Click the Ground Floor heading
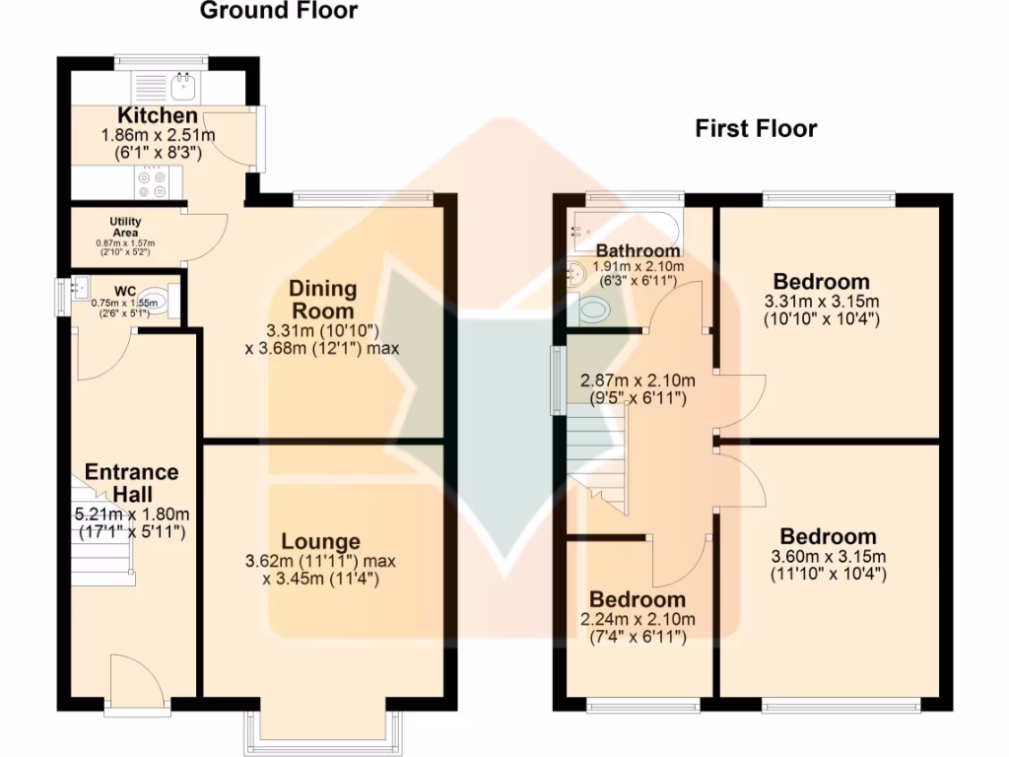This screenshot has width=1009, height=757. coord(279,12)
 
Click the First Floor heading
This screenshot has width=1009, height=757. coord(756,129)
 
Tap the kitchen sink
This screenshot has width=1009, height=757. coord(183,87)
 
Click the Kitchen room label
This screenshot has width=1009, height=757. coord(158,116)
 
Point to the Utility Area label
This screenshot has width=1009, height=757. coord(125,226)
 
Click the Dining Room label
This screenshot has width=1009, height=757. coord(322,299)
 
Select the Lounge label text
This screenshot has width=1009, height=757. coord(320,541)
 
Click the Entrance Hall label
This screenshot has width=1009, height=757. coord(131,482)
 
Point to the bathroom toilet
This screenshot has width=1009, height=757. coord(595,311)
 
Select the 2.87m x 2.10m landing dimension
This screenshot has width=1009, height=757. coord(639,380)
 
